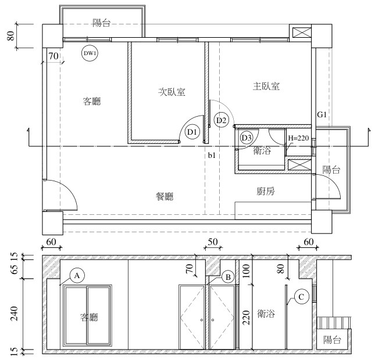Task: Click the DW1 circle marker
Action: (90, 53)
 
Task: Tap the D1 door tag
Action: (192, 132)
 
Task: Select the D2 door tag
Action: (221, 120)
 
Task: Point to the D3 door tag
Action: (247, 138)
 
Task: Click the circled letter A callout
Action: (77, 276)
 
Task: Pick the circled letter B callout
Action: (228, 277)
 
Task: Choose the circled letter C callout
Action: (301, 297)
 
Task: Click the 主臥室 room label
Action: (266, 87)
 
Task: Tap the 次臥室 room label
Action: (172, 92)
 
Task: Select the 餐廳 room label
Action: (165, 196)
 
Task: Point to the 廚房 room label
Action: (266, 191)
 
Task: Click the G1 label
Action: (322, 114)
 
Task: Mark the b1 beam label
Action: (212, 156)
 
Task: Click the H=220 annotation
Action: (298, 138)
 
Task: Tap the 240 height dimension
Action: (14, 314)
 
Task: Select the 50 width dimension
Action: (213, 242)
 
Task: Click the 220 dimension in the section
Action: (246, 318)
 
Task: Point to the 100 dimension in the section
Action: (246, 271)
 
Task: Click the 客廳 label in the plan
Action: (92, 101)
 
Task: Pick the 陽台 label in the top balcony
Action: (102, 23)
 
